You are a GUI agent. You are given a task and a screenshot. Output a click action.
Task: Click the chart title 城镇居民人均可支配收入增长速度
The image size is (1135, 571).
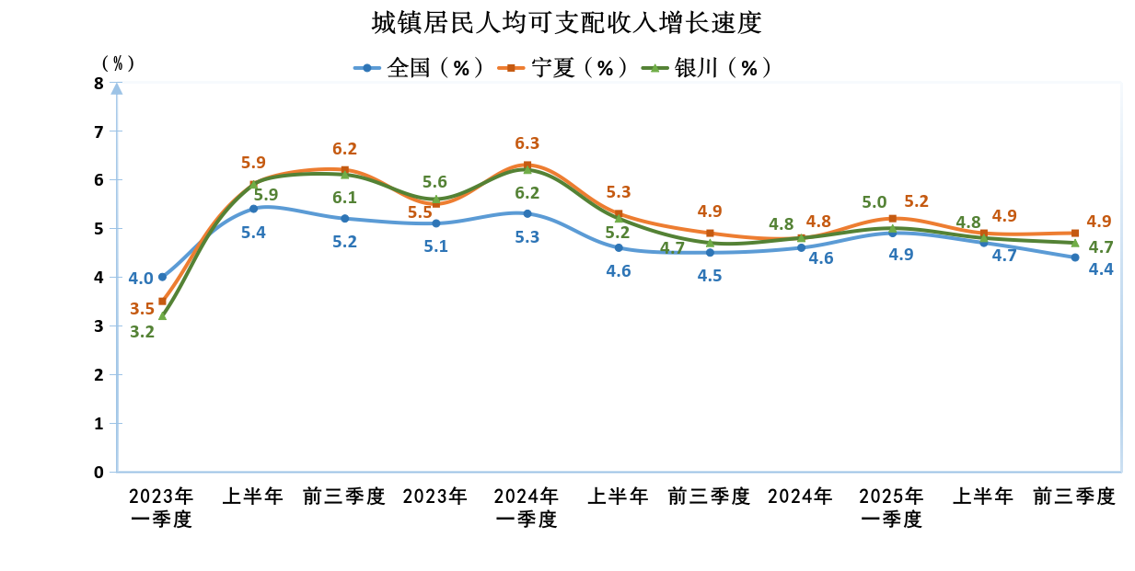pos(567,22)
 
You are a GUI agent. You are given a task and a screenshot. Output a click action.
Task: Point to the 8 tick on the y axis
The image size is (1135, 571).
pos(98,83)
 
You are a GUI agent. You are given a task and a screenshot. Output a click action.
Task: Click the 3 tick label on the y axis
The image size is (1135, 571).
pos(98,326)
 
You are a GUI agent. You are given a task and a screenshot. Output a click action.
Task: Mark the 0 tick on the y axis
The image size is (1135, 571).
pos(98,473)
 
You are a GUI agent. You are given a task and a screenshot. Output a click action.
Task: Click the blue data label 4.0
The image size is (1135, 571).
pos(141,279)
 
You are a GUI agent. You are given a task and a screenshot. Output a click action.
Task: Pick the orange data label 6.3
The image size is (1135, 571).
pos(527,143)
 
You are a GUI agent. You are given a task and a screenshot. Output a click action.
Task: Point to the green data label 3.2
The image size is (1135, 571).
pos(142,333)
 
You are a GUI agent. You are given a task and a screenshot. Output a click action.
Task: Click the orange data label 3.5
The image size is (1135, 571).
pos(142,309)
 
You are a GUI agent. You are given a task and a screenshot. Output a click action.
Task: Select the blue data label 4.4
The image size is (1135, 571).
pos(1101,270)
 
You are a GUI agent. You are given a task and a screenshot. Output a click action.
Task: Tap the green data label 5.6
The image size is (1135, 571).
pos(434,183)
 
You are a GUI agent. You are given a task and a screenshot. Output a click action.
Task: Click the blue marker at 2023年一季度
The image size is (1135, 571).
pos(163,277)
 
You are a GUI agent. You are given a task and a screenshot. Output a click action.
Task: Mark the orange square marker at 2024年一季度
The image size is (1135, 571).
pos(527,166)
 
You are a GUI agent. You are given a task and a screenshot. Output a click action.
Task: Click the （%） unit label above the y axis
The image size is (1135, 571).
pos(118,63)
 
